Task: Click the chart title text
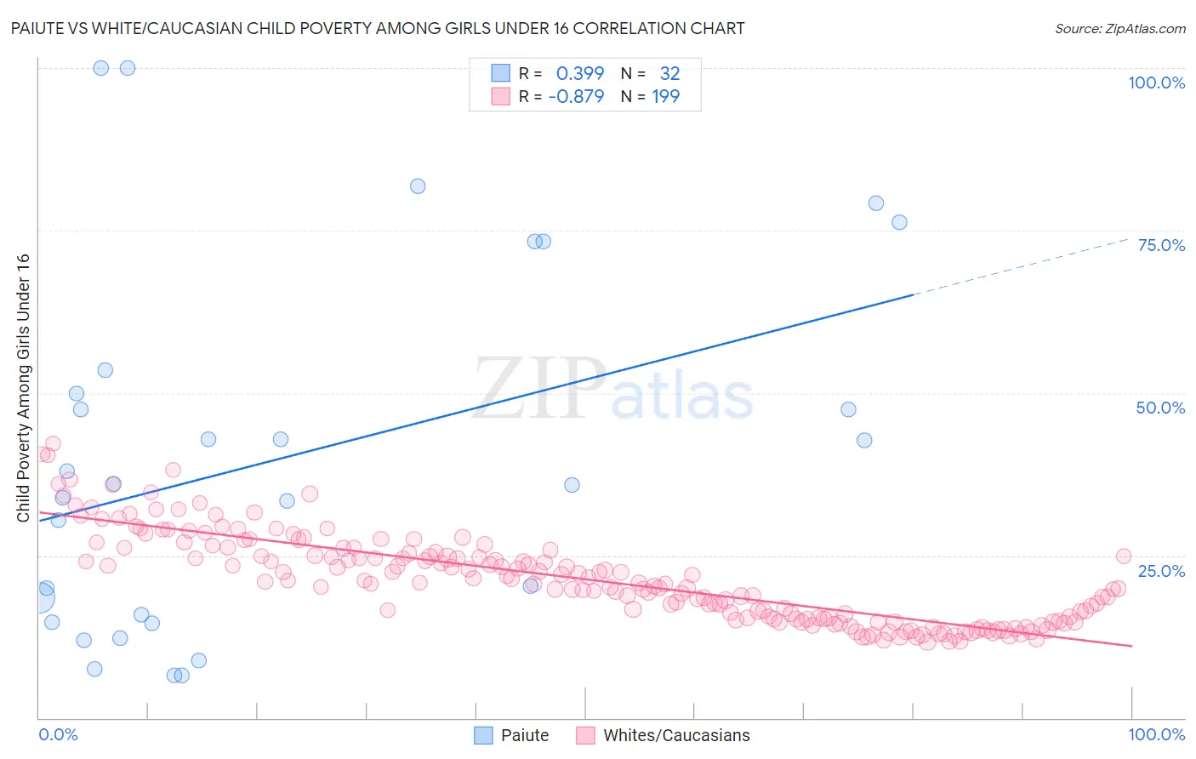click(378, 28)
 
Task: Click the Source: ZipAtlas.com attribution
click(1119, 28)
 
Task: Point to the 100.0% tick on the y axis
click(1156, 83)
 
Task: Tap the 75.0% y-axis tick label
click(1161, 245)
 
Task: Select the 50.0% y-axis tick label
click(1160, 408)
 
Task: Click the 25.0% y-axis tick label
click(1161, 570)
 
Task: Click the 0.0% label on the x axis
click(58, 734)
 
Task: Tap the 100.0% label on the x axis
click(1156, 734)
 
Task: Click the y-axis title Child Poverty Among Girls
click(23, 388)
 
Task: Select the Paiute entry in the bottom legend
click(524, 735)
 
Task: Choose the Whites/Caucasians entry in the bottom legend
click(676, 735)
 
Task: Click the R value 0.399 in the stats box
click(580, 73)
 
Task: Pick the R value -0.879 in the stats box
click(576, 96)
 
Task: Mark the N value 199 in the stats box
click(666, 96)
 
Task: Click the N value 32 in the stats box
click(669, 73)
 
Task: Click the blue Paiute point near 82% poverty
click(418, 186)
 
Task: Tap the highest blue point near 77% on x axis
click(876, 203)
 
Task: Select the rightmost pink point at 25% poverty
click(1123, 556)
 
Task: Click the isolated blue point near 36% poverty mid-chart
click(572, 485)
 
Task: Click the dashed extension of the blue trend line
click(1021, 266)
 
